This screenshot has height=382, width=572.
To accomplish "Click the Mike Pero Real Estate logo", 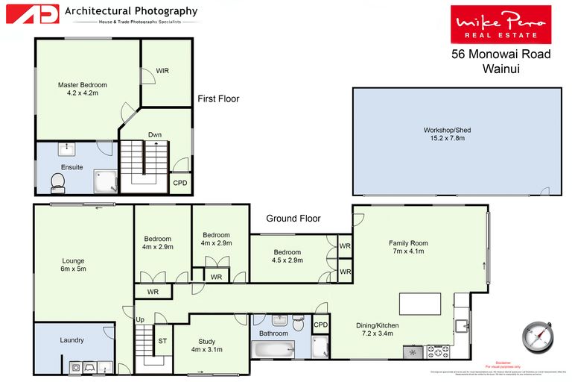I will click(x=500, y=24).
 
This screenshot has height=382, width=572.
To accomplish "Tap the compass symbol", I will click(x=537, y=336).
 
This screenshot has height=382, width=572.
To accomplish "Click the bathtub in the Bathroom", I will click(x=274, y=349).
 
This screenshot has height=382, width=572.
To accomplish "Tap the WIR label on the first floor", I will click(x=162, y=71).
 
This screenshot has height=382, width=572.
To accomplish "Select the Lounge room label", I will click(x=73, y=265).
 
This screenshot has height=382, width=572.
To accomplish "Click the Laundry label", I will click(x=71, y=340).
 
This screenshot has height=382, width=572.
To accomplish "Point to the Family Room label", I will click(x=409, y=247).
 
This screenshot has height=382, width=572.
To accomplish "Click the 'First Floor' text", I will click(x=218, y=98).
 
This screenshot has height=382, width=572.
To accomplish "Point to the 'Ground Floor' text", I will click(x=294, y=219).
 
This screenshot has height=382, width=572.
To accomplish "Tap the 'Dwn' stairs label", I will click(x=155, y=135).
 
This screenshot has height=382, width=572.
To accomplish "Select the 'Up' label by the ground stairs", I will click(x=140, y=320).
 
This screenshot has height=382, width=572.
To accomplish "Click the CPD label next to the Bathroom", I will click(x=320, y=325).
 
